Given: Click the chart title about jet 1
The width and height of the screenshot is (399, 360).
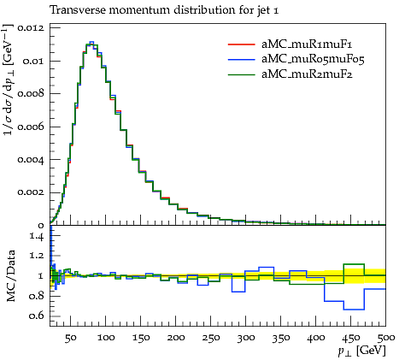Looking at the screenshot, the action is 164,10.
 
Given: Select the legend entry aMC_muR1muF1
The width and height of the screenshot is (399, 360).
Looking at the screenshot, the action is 307,44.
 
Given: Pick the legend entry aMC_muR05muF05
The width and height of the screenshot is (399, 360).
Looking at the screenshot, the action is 313,59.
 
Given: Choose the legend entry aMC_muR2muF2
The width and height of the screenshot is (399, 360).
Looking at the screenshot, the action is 307,74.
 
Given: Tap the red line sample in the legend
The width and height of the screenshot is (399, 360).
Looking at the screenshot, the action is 241,44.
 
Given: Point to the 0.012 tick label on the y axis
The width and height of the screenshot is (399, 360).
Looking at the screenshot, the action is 31,28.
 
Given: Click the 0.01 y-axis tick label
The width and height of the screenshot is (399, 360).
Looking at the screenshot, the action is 33,61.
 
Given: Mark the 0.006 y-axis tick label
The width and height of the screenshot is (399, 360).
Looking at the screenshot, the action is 31,127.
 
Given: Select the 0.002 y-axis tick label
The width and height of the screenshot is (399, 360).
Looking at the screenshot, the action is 31,192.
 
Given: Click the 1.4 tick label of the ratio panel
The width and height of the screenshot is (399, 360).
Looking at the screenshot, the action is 37,236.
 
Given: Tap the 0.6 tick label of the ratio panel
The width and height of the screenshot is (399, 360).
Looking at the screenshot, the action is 37,316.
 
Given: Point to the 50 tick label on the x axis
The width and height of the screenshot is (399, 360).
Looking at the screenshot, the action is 71,338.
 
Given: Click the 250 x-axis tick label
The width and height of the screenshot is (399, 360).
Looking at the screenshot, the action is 211,338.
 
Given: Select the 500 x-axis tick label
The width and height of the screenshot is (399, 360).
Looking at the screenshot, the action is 386,338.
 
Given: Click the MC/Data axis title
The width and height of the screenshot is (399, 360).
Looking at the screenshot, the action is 10,275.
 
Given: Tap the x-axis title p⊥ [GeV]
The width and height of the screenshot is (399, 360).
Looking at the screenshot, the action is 361,351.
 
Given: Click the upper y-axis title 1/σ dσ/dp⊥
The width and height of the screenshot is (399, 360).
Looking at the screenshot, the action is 9,80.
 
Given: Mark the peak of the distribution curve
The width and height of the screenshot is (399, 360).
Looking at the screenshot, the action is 91,42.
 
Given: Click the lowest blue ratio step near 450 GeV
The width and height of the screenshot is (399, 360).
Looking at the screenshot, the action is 354,310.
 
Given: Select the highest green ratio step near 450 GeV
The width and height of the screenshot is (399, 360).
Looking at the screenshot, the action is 354,264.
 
